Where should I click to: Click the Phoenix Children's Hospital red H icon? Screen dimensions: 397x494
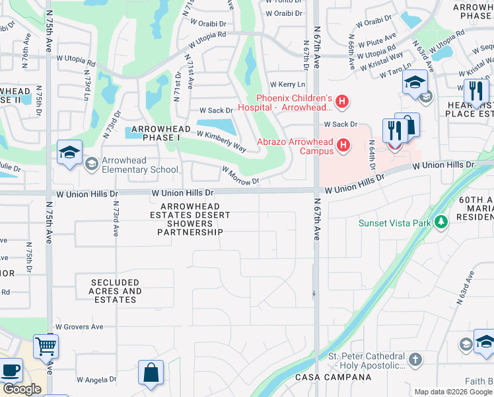pos(341,101)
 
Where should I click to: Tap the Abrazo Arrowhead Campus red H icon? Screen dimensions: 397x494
pos(343,145)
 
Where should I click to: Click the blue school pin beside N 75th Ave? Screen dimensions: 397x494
pos(69,153)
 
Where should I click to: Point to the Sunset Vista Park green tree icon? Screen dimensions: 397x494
pos(441,222)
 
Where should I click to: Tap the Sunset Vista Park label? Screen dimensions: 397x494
pos(396,223)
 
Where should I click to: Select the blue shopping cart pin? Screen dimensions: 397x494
pos(46,345)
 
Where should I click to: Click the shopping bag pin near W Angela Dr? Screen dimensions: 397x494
pos(151,372)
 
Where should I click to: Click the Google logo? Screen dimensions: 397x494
pos(22,389)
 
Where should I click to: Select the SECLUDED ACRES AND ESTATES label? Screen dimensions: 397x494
pos(115,291)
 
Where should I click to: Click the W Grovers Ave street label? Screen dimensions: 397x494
pos(79,327)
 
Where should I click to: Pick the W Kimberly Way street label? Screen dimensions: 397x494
pos(222,141)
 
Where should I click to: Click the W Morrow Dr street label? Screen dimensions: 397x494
pos(240,175)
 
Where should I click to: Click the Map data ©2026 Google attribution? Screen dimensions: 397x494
pos(453,392)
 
